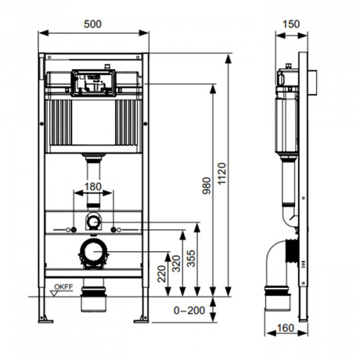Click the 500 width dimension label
pos(93,24)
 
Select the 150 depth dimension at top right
pos(290,24)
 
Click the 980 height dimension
pos(206,188)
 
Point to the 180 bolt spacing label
pos(92,187)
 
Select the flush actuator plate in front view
pos(92,82)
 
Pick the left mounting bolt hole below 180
pos(73,230)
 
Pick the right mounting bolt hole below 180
pos(113,230)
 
